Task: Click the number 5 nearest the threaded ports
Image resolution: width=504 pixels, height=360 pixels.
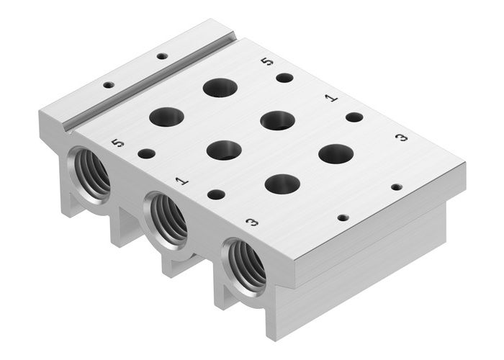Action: click(118, 143)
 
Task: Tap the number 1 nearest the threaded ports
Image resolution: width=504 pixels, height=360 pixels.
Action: click(182, 181)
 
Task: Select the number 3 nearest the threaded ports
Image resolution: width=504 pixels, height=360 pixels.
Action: click(252, 222)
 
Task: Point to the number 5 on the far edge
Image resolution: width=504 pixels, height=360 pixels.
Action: click(268, 62)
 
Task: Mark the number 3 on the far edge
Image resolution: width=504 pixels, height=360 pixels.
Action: click(402, 137)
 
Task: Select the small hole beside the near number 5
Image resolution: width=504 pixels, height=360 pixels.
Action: click(146, 153)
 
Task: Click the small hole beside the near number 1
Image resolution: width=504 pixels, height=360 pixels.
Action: click(215, 194)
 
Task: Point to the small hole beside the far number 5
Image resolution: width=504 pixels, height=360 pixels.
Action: click(285, 77)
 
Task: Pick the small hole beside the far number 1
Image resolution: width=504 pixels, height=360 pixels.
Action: click(354, 117)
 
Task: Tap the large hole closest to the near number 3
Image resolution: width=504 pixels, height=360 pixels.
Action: click(282, 184)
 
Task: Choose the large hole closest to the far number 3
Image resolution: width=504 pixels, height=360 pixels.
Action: click(336, 153)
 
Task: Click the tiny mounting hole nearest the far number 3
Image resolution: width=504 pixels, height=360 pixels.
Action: click(397, 186)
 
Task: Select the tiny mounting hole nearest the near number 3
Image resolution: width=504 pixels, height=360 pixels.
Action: click(343, 217)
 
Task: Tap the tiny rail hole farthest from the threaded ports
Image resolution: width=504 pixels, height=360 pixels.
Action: click(162, 55)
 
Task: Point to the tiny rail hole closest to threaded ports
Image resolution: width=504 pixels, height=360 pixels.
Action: click(109, 85)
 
